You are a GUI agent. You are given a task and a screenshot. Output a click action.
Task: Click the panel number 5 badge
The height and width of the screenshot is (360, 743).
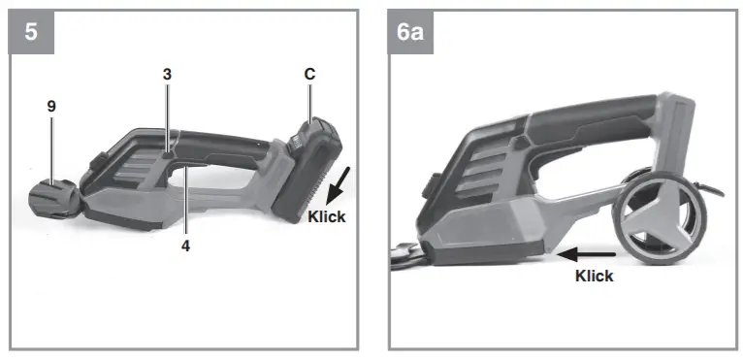coord(32,32)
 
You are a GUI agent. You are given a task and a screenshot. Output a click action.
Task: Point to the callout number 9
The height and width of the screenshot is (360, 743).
coord(51,105)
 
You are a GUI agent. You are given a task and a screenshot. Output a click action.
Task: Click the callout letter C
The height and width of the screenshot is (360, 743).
coord(309,74)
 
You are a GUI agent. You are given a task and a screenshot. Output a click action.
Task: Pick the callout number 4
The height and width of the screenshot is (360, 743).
coord(185,245)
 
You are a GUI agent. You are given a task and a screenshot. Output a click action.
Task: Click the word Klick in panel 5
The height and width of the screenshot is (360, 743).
coord(326,217)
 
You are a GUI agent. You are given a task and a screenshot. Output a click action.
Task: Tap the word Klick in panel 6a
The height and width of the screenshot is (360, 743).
coord(594,276)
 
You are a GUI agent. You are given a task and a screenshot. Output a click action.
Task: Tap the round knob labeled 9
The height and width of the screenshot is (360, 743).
coord(53,198)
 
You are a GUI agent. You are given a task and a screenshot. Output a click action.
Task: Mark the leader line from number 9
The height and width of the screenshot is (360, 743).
coord(52,146)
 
